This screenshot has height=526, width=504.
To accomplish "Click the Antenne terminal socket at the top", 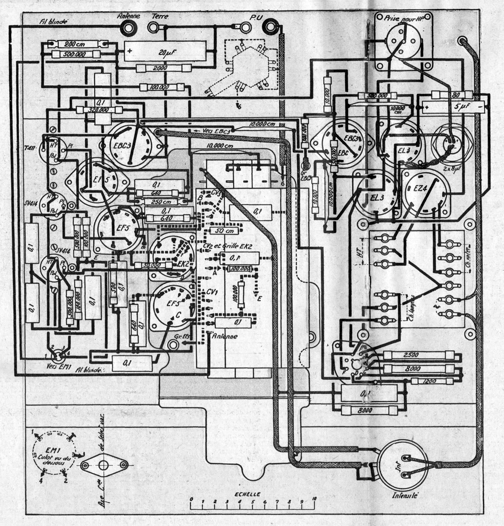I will pyautogui.click(x=128, y=27).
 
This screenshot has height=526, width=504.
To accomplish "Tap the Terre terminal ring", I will pyautogui.click(x=155, y=27).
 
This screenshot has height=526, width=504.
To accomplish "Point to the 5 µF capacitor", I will pyautogui.click(x=450, y=107).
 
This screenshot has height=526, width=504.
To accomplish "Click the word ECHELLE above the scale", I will pyautogui.click(x=247, y=494).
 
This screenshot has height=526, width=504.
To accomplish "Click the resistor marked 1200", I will pyautogui.click(x=423, y=381).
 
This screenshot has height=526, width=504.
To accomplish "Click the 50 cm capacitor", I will pyautogui.click(x=223, y=231).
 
